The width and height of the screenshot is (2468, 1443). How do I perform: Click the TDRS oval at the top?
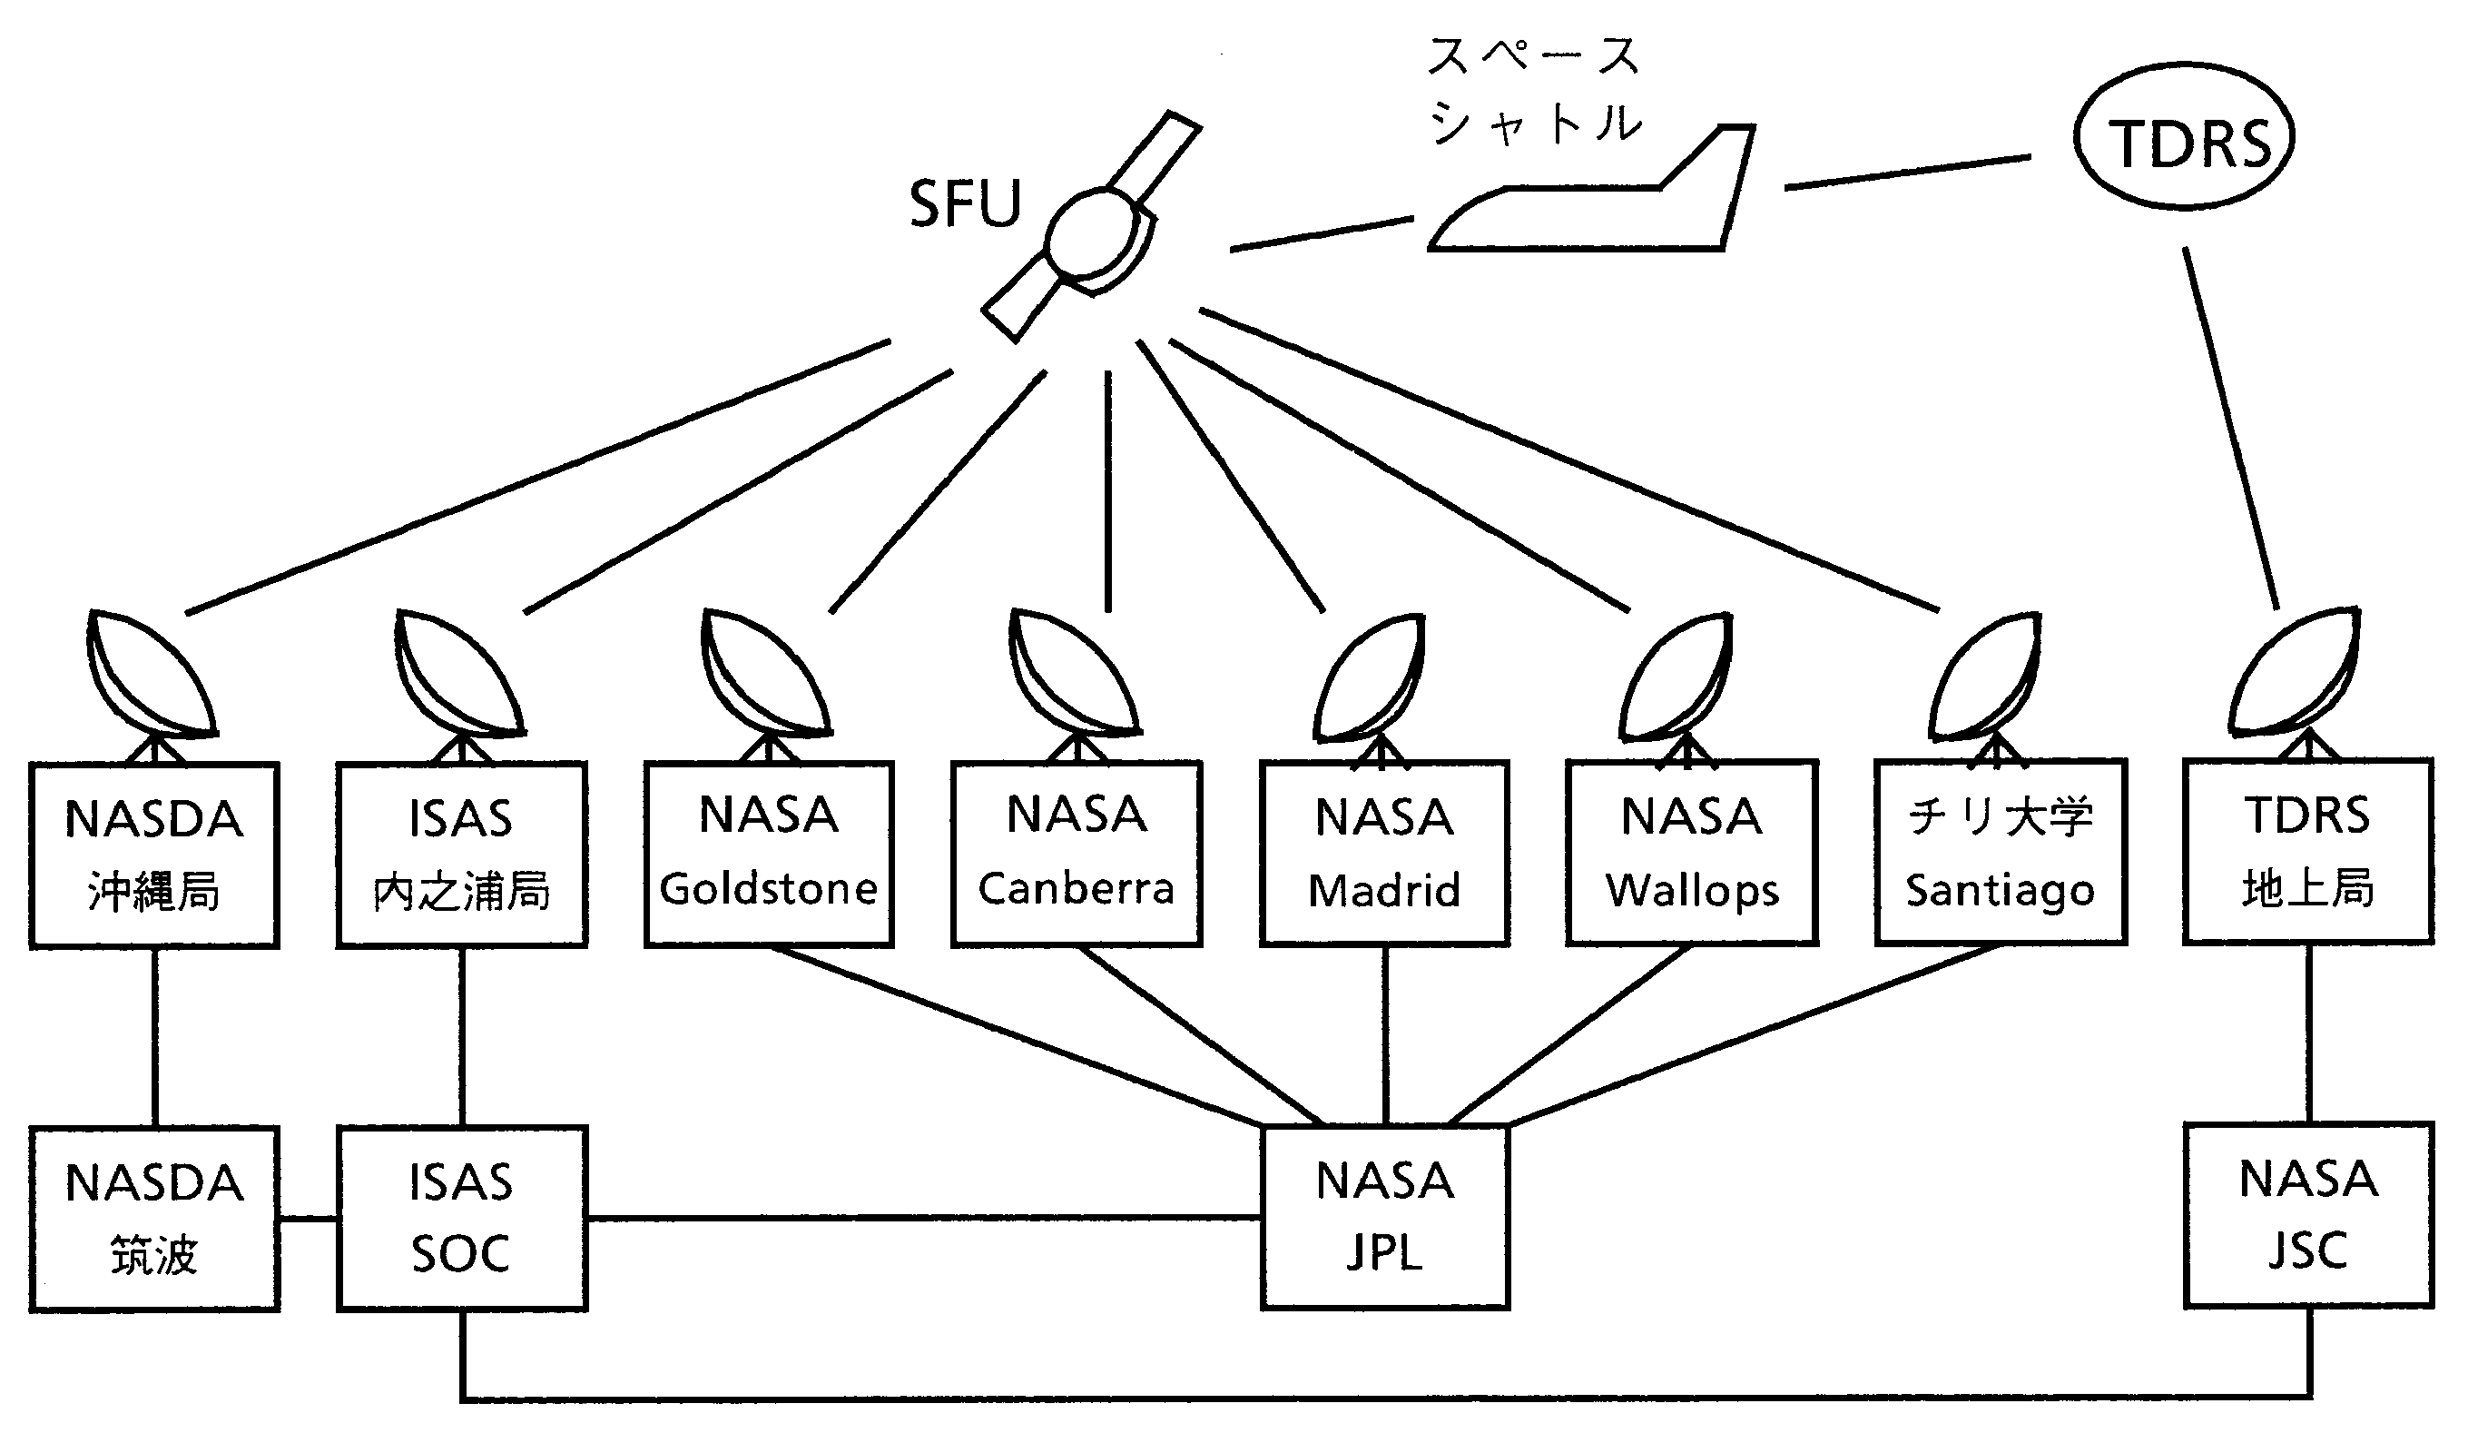2184,137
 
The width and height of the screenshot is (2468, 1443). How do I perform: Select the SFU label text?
965,203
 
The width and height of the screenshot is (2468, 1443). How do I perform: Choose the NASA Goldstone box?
769,854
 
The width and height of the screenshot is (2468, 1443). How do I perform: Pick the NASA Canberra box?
1077,854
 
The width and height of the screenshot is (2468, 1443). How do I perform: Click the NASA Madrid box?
1384,854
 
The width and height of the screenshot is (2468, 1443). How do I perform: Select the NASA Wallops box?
1691,854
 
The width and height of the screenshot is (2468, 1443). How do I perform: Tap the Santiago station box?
2000,854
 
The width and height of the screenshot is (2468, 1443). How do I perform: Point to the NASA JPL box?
1385,1217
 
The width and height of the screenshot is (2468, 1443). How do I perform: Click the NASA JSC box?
2308,1215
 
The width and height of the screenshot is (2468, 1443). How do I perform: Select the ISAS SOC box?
461,1218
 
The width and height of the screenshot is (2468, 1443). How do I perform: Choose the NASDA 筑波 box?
153,1218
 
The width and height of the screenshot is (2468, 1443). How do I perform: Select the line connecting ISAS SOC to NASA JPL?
920,1218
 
